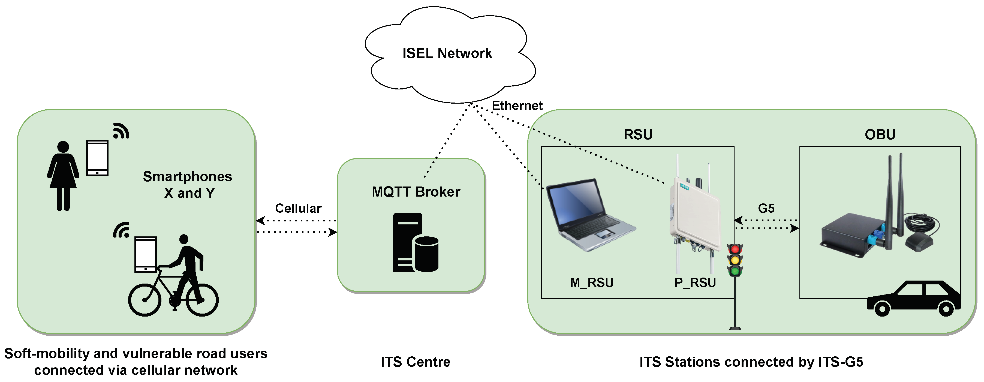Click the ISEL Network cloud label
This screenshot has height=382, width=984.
pyautogui.click(x=447, y=53)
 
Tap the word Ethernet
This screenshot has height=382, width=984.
pyautogui.click(x=517, y=106)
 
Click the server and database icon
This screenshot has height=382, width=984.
pyautogui.click(x=416, y=243)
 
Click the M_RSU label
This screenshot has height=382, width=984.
pyautogui.click(x=592, y=283)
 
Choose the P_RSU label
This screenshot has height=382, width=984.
pyautogui.click(x=695, y=283)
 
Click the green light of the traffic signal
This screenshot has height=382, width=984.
pyautogui.click(x=735, y=272)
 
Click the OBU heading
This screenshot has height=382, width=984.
pyautogui.click(x=880, y=134)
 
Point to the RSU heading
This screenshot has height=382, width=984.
pyautogui.click(x=638, y=134)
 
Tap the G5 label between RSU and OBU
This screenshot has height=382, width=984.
pyautogui.click(x=766, y=208)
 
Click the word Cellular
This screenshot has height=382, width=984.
pyautogui.click(x=298, y=208)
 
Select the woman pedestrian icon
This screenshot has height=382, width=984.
pyautogui.click(x=63, y=176)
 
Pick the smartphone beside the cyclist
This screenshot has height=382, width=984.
pyautogui.click(x=146, y=254)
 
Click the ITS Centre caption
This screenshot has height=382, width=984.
pyautogui.click(x=416, y=362)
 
